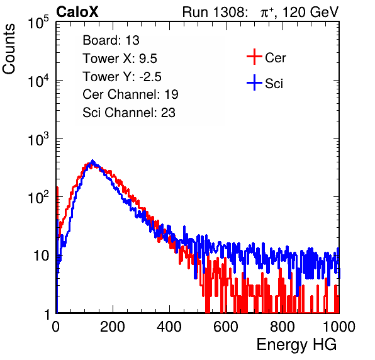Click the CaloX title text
77,12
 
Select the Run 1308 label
214,12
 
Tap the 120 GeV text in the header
311,12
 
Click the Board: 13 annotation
111,40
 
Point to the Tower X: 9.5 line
120,59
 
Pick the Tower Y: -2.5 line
122,77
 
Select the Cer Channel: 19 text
130,94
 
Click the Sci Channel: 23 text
129,113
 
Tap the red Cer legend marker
254,57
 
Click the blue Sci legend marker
254,83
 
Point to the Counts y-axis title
9,49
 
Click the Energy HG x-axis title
296,345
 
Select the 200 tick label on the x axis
113,327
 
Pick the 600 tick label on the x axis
226,327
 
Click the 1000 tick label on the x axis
339,327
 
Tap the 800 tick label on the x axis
283,327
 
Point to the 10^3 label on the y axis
38,139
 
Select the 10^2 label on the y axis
38,198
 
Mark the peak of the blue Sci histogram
92,160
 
